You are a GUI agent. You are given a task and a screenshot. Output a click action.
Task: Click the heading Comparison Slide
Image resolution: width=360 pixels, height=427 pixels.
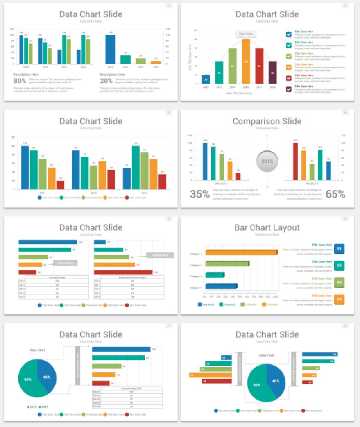[267, 121]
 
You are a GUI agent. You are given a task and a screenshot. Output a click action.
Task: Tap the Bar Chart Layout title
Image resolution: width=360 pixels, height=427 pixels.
[267, 227]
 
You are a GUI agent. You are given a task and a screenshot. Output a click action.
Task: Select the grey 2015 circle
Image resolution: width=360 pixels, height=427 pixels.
[267, 161]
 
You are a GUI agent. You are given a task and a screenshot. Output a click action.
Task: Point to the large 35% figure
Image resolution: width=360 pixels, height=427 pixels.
[199, 194]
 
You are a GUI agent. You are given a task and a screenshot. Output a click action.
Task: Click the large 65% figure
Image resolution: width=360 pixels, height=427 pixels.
[335, 194]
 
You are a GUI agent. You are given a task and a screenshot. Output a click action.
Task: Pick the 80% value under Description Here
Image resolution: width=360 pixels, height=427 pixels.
[20, 81]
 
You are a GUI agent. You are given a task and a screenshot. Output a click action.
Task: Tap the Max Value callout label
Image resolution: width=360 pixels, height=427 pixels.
[246, 34]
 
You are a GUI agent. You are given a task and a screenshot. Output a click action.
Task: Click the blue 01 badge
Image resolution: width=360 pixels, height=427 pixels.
[339, 249]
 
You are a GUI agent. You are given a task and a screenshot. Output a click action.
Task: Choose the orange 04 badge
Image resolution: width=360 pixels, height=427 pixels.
[339, 300]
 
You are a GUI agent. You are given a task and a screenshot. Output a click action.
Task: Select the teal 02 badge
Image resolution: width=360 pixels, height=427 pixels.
[339, 266]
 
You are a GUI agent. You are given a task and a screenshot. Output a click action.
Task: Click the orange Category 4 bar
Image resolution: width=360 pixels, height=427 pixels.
[241, 253]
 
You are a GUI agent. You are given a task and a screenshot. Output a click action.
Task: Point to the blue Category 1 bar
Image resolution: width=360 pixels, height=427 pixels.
[221, 286]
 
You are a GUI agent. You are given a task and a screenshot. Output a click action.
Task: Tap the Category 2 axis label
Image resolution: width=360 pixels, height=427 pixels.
[196, 277]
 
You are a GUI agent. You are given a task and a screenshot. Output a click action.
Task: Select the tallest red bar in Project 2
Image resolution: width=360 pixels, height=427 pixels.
[295, 161]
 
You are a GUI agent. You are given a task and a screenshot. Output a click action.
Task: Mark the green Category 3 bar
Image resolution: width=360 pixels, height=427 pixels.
[227, 264]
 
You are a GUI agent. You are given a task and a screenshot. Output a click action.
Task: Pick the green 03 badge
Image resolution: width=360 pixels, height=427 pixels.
[339, 282]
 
